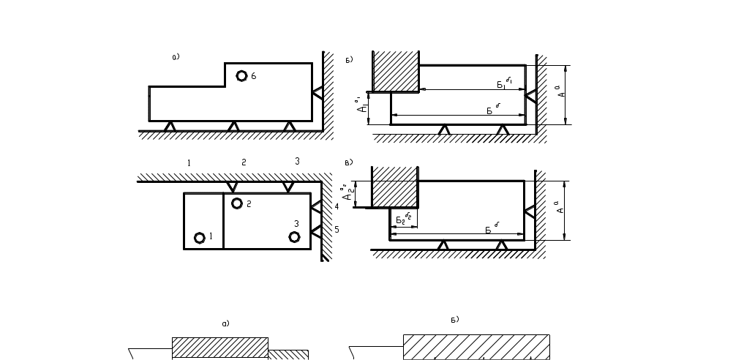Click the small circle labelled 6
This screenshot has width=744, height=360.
coord(241,76)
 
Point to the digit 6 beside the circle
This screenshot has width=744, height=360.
coord(253,76)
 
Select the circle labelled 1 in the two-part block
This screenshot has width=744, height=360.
coord(199,237)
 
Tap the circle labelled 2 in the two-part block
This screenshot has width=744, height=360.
coord(237,203)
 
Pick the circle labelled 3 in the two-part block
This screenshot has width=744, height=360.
coord(294,236)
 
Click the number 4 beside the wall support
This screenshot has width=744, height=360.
coord(337,206)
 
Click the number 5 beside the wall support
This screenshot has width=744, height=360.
coord(337,230)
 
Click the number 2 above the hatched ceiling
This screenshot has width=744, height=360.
coord(244,162)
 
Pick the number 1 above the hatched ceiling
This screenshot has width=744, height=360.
coord(189,162)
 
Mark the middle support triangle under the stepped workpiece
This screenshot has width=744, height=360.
coord(233,127)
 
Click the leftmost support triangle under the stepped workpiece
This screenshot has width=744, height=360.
coord(170,127)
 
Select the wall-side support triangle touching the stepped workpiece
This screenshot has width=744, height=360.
coord(317,92)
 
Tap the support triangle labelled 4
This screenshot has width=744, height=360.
coord(317,207)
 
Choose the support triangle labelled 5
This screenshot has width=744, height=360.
coord(317,232)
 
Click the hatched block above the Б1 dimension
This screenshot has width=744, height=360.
coord(395,71)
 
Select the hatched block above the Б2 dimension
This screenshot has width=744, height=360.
coord(395,187)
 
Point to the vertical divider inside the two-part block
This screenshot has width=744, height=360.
coord(224,221)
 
